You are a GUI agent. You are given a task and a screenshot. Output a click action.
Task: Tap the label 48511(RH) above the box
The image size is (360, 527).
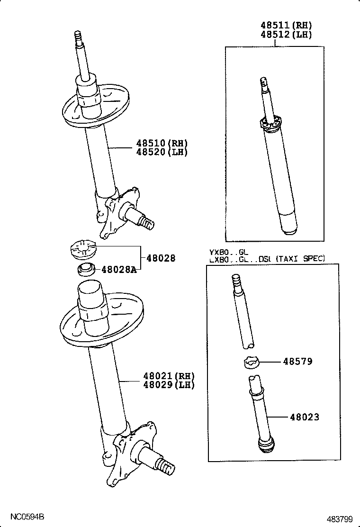286,26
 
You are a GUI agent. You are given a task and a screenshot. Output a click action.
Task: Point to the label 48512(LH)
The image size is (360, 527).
286,35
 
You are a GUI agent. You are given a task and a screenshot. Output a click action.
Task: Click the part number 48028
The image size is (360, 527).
161,258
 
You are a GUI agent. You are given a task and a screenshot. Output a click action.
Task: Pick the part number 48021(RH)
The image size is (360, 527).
169,376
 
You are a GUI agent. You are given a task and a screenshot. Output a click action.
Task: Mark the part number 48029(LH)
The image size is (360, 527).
169,385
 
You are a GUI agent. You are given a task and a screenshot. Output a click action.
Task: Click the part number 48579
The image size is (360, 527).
297,362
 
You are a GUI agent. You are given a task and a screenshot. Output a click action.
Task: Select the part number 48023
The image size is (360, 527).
304,417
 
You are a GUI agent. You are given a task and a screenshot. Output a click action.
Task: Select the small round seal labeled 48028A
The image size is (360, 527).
86,270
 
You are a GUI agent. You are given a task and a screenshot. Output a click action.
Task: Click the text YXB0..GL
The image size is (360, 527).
229,252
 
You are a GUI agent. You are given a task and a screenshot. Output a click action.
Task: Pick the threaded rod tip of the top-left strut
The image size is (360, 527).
79,36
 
